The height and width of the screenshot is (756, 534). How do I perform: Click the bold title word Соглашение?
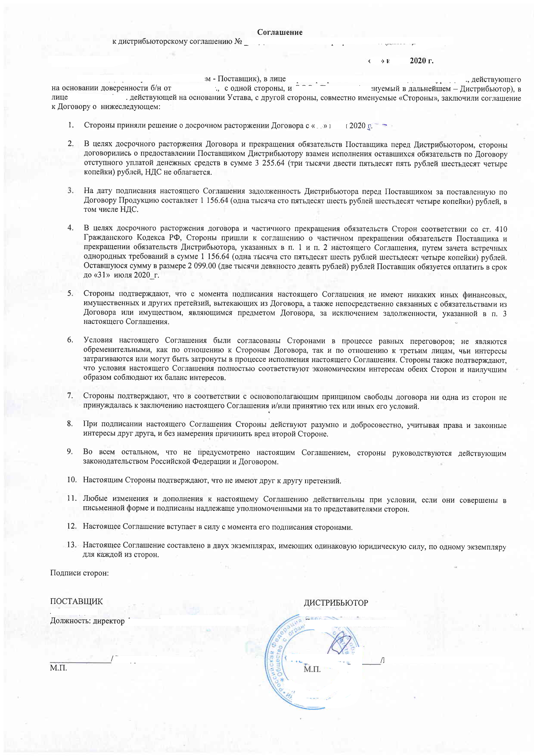[280, 32]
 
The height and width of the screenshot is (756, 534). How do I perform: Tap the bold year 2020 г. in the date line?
[421, 61]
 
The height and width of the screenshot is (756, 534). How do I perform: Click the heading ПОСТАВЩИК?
[76, 601]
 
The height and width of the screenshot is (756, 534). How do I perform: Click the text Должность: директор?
[87, 621]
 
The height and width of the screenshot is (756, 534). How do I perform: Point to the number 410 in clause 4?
[500, 229]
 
